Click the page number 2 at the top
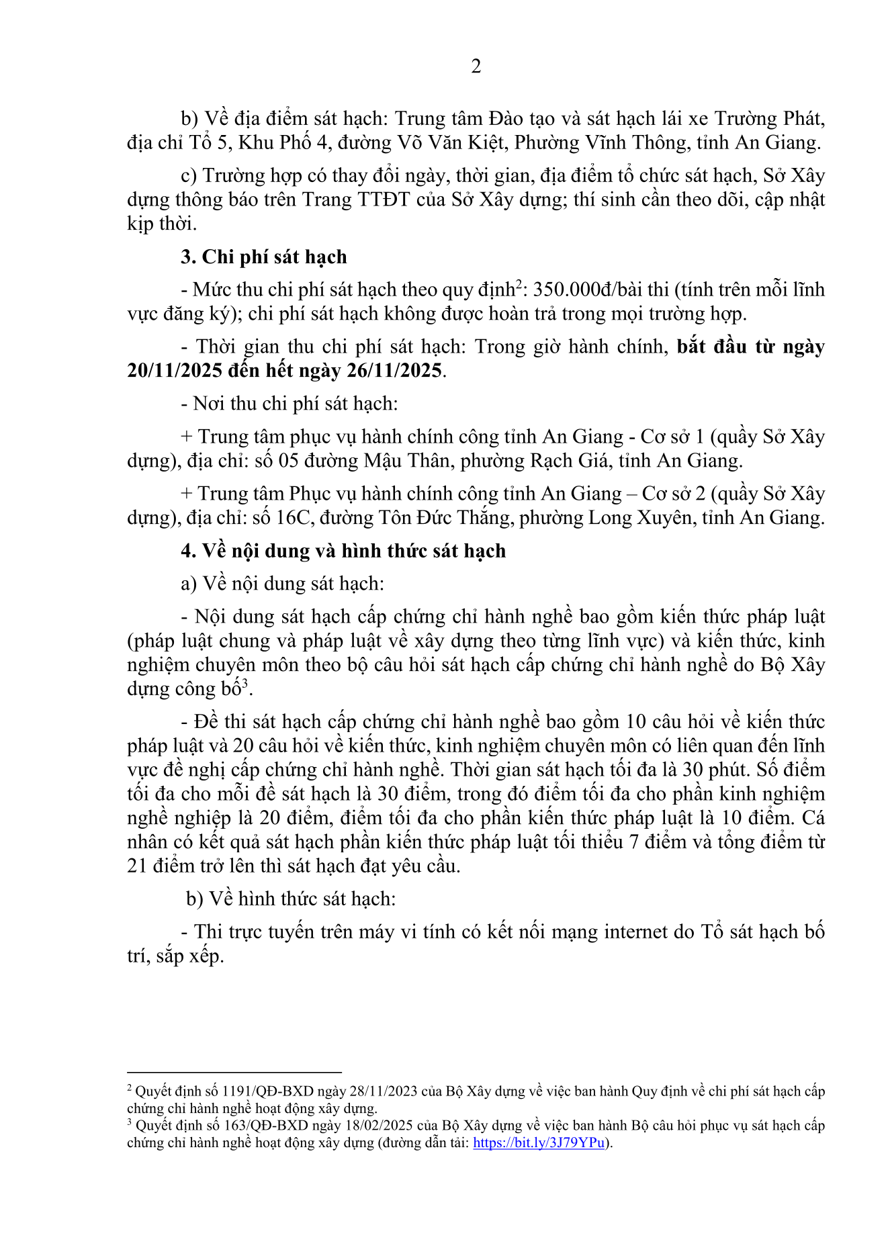pos(476,66)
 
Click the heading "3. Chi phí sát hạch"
pos(264,257)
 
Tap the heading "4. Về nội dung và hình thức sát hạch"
pos(343,551)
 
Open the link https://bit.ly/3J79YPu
pos(539,1142)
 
